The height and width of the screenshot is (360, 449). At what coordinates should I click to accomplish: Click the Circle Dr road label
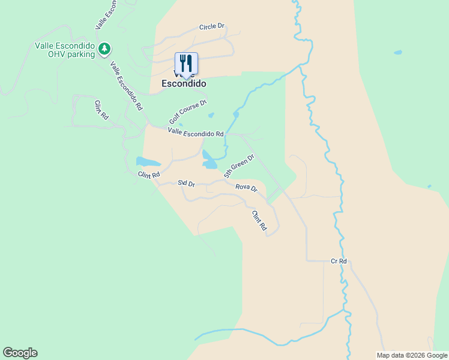(x=211, y=27)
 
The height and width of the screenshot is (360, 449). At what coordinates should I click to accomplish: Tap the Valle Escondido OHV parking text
(x=65, y=50)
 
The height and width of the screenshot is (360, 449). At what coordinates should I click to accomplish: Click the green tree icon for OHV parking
(x=104, y=47)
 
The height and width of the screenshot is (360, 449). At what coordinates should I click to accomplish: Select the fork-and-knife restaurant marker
(x=186, y=63)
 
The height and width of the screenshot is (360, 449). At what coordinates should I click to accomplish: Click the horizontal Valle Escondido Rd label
(x=196, y=132)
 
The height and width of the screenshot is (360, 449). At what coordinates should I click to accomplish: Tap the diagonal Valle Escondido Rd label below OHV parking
(x=125, y=86)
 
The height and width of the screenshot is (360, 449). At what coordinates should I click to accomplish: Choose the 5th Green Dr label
(x=239, y=166)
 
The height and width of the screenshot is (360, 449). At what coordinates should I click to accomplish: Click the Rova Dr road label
(x=246, y=188)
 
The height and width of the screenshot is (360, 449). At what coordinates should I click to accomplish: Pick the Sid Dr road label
(x=187, y=183)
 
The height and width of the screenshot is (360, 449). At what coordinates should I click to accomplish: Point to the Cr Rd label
(x=339, y=262)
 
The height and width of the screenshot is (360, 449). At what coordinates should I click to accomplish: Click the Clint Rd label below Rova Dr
(x=259, y=221)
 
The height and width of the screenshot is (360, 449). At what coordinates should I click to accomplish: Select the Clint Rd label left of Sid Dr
(x=148, y=175)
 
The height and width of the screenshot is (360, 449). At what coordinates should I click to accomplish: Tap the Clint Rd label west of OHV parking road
(x=100, y=110)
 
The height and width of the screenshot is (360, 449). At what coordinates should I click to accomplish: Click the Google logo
(x=20, y=353)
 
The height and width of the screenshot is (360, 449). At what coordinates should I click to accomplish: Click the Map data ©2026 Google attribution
(x=412, y=355)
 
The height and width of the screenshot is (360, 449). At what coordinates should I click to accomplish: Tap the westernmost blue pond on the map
(x=148, y=161)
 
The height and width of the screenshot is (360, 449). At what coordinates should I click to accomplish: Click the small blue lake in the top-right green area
(x=397, y=52)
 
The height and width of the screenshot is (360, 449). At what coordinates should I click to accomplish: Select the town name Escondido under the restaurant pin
(x=184, y=84)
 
